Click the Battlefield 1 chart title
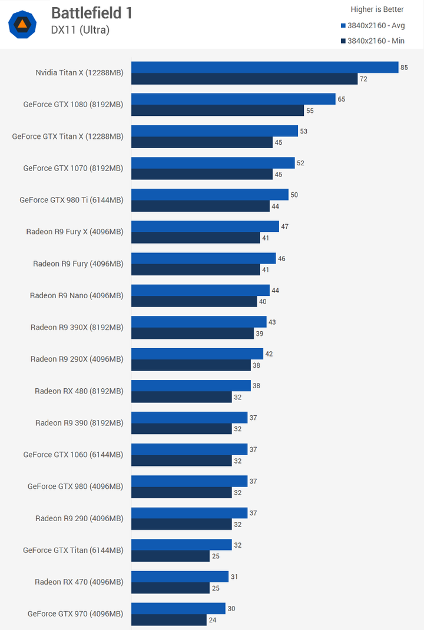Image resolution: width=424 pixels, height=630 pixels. [92, 13]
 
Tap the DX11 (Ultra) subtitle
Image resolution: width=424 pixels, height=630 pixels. [80, 30]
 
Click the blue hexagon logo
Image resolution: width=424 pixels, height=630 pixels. [22, 24]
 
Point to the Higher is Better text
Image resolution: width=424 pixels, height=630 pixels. [377, 9]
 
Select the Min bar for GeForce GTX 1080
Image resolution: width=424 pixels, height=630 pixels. [217, 111]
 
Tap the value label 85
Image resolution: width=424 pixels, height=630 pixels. [404, 68]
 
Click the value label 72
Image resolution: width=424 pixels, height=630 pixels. [363, 79]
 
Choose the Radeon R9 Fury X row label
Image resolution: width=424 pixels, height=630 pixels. [75, 232]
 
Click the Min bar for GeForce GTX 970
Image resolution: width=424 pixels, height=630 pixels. [169, 619]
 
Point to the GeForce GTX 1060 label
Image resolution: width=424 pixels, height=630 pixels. [74, 455]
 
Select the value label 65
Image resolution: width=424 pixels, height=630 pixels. [342, 99]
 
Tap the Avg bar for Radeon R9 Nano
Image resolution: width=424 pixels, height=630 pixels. [200, 290]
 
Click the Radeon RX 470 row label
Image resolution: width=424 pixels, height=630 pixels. [79, 582]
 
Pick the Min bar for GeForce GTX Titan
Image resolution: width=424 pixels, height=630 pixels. [170, 556]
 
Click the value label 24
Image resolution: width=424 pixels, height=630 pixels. [212, 620]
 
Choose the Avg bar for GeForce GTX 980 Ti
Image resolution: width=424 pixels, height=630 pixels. [210, 195]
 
